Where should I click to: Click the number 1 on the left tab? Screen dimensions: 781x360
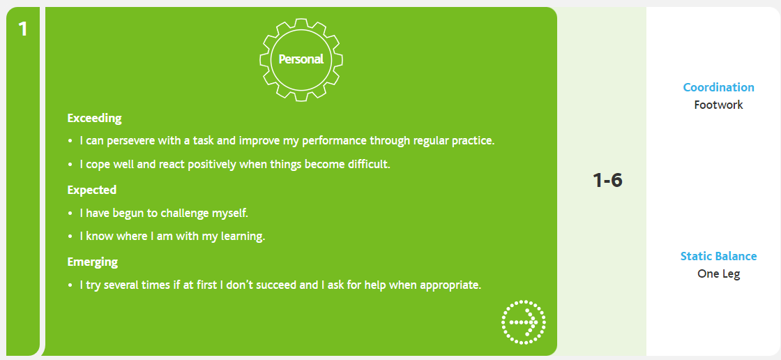tap(22, 29)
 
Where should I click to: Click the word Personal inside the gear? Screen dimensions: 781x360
tap(301, 59)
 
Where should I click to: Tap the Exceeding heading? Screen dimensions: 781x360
tap(95, 119)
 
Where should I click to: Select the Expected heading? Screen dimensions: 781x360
tap(91, 190)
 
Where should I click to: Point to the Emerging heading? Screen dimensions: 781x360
tap(93, 262)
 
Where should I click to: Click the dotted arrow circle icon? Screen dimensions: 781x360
tap(524, 322)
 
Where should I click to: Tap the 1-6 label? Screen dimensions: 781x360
tap(607, 181)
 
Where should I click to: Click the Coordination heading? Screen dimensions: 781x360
tap(718, 87)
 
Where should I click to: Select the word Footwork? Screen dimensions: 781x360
tap(718, 105)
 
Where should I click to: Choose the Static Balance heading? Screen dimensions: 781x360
tap(718, 256)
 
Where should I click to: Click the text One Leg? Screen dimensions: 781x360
tap(718, 273)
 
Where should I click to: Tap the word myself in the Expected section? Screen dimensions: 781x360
tap(230, 213)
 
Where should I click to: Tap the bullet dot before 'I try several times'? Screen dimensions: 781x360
tap(70, 287)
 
